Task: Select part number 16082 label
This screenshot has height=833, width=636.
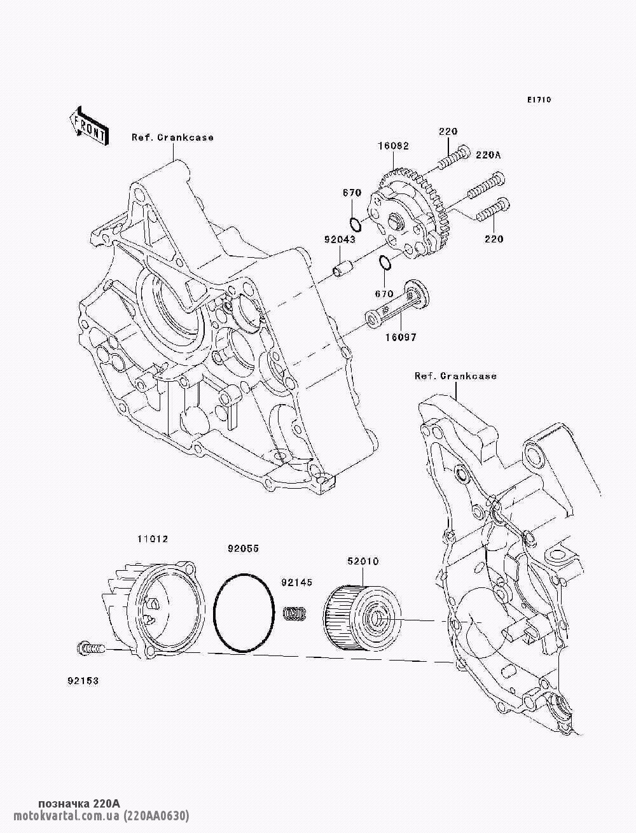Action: click(394, 146)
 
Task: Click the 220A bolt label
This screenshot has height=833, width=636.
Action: click(488, 154)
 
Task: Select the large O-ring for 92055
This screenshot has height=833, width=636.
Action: click(244, 612)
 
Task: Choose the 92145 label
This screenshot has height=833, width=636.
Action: click(298, 582)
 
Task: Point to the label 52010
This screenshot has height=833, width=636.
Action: click(363, 561)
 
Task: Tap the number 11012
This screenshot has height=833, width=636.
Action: click(153, 539)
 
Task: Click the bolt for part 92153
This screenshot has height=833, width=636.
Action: click(89, 649)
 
